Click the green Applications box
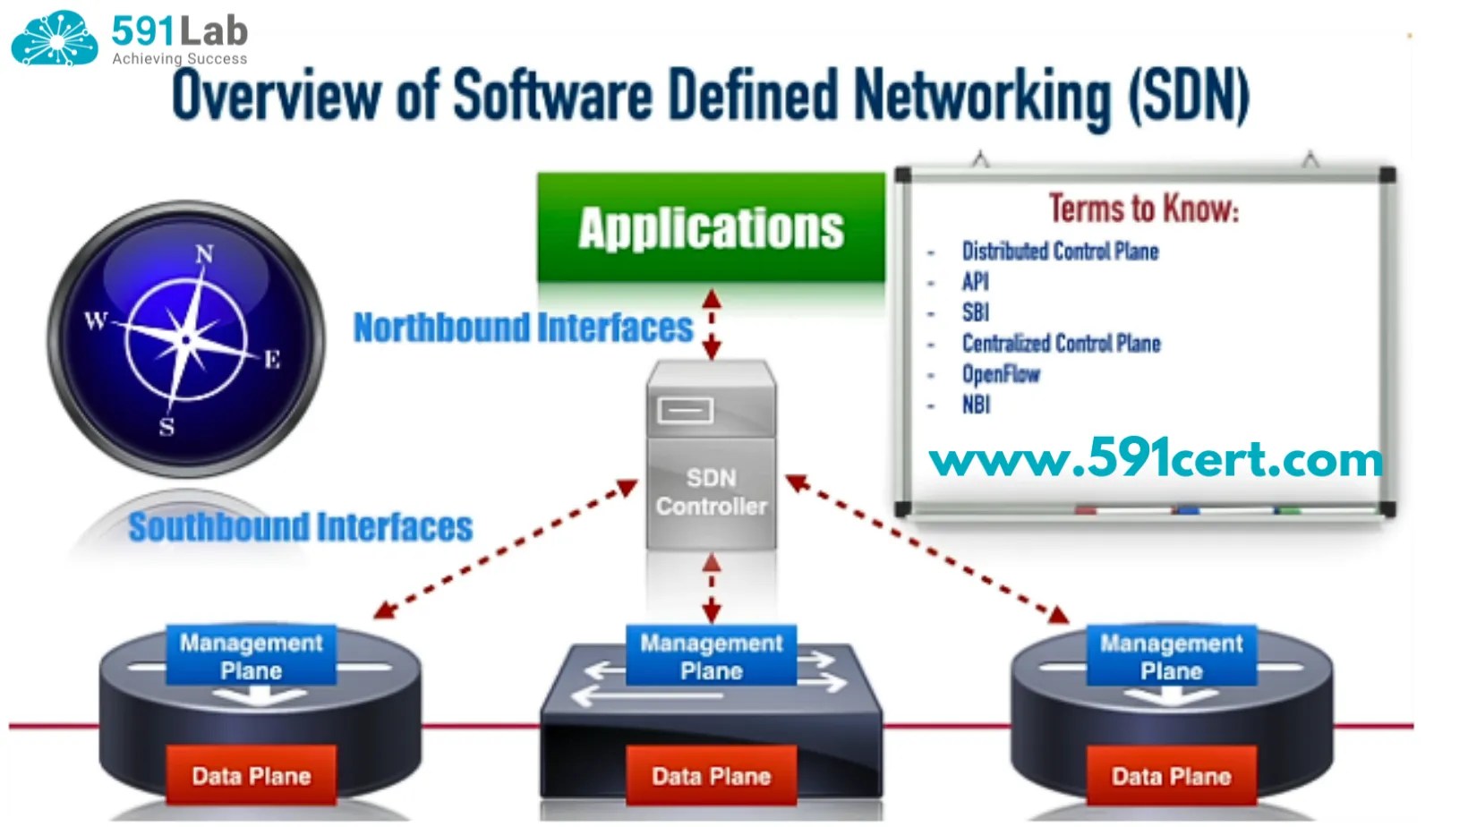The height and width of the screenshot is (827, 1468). (x=711, y=227)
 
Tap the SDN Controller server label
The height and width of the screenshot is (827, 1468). (x=711, y=492)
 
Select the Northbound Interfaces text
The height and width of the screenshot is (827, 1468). (x=523, y=328)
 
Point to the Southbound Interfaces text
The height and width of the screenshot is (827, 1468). (x=300, y=527)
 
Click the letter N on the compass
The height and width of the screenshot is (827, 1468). (x=204, y=254)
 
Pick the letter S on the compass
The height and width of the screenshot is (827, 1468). (x=166, y=426)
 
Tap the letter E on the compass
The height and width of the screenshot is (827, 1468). (x=272, y=360)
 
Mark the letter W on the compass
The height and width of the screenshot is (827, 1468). (x=96, y=320)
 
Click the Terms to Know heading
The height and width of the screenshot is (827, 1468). (x=1143, y=209)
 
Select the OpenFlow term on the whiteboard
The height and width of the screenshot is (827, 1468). (x=1001, y=374)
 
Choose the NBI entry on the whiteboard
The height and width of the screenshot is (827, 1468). (x=976, y=405)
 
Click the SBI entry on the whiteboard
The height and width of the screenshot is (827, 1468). (x=975, y=312)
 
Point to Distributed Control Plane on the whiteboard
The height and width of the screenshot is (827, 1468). (x=1060, y=252)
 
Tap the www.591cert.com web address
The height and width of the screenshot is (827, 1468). (x=1156, y=459)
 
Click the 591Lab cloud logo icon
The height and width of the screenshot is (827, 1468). (x=55, y=38)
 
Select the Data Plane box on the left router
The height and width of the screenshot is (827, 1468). (x=252, y=775)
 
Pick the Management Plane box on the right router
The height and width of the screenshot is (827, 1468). (x=1171, y=656)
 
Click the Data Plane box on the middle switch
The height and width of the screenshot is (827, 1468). (x=711, y=775)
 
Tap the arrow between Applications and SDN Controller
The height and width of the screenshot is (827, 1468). (x=712, y=324)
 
